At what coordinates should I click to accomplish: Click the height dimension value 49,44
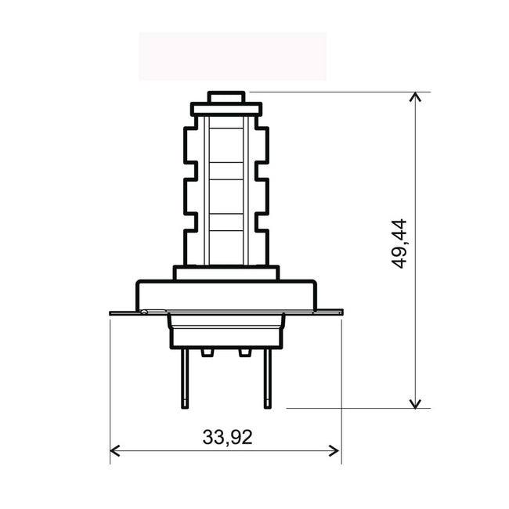pyautogui.click(x=400, y=244)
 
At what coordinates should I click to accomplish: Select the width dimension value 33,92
pyautogui.click(x=227, y=438)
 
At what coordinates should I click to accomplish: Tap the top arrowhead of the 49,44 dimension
pyautogui.click(x=416, y=97)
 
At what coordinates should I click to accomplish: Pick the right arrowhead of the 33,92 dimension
pyautogui.click(x=335, y=450)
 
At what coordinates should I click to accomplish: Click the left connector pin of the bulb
pyautogui.click(x=185, y=378)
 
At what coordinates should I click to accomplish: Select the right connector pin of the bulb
pyautogui.click(x=267, y=378)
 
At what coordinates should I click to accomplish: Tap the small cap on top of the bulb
pyautogui.click(x=226, y=97)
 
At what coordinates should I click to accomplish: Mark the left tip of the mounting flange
pyautogui.click(x=113, y=312)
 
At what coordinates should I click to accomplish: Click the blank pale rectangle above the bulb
pyautogui.click(x=233, y=56)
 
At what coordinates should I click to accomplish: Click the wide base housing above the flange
pyautogui.click(x=226, y=295)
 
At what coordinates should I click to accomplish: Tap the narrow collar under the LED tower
pyautogui.click(x=226, y=273)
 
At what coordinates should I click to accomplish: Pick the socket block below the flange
pyautogui.click(x=226, y=332)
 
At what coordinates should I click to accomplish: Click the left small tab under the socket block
pyautogui.click(x=207, y=353)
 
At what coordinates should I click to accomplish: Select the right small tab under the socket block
pyautogui.click(x=245, y=353)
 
